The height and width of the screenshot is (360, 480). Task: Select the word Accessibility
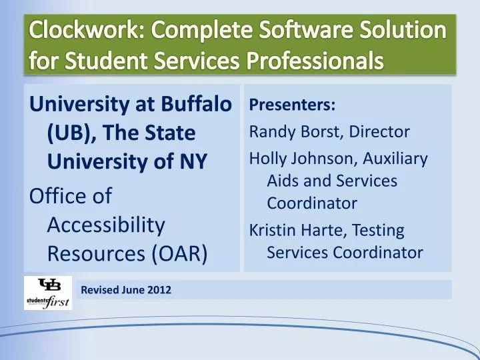click(107, 225)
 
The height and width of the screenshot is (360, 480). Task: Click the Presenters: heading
click(292, 105)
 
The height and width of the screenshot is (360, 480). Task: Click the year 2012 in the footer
click(159, 290)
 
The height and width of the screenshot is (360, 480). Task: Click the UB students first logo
click(48, 293)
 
